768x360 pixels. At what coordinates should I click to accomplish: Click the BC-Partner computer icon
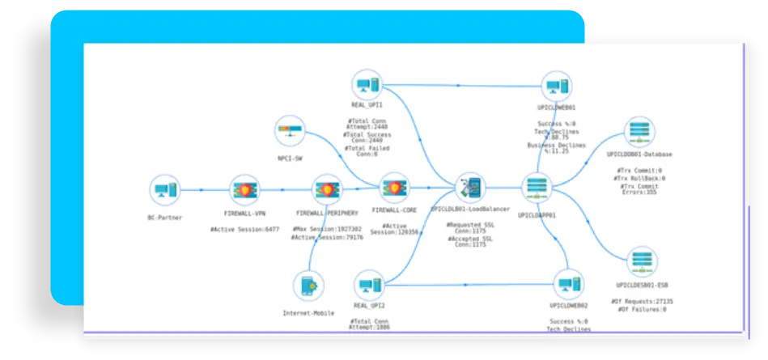(164, 191)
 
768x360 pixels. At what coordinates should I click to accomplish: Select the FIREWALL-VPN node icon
(244, 191)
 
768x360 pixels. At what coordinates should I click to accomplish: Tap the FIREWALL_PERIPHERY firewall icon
(326, 191)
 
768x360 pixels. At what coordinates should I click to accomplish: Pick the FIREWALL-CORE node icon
(394, 188)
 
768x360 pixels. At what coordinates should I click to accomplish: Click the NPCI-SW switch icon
(290, 130)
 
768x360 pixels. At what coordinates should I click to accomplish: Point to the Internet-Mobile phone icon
(308, 287)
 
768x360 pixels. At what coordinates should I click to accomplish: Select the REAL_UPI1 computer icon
(367, 84)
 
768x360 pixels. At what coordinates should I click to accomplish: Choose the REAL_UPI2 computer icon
(369, 285)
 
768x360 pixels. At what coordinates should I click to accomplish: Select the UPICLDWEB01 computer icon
(555, 87)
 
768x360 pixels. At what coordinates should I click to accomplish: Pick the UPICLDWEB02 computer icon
(568, 285)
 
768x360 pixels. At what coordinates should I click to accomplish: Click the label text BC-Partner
(164, 218)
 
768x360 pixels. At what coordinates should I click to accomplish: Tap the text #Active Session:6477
(244, 229)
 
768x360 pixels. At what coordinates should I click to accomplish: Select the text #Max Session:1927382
(326, 229)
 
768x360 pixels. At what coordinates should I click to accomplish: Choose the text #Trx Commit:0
(639, 170)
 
